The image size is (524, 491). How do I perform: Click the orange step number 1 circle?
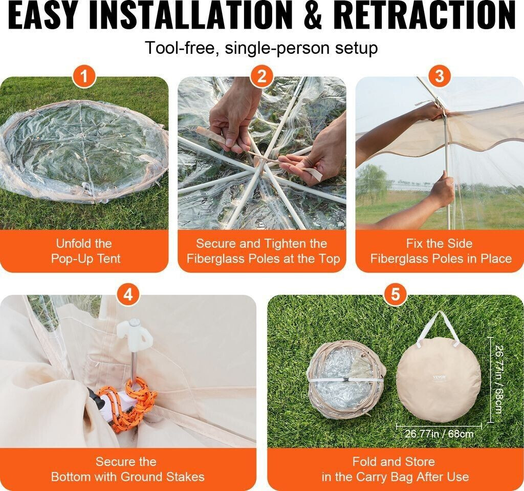pyautogui.click(x=84, y=77)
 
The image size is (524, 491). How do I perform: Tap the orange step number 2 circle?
pyautogui.click(x=262, y=77)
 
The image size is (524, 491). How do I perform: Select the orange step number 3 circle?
pyautogui.click(x=440, y=77)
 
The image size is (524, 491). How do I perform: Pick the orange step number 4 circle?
pyautogui.click(x=128, y=295)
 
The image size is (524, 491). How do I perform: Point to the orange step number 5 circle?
pyautogui.click(x=396, y=295)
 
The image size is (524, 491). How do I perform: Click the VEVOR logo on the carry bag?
pyautogui.click(x=440, y=377)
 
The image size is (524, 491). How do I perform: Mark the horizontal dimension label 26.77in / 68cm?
pyautogui.click(x=439, y=434)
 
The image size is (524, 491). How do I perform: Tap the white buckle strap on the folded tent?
pyautogui.click(x=346, y=380)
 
